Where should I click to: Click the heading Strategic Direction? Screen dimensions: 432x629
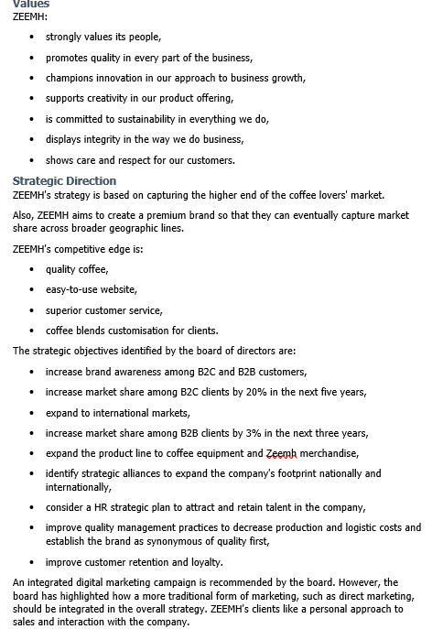[x=64, y=180]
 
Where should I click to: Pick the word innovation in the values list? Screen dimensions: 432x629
[x=117, y=78]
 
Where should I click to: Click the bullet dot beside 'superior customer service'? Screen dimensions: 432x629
[x=33, y=310]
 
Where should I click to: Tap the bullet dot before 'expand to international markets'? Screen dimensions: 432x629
[x=33, y=413]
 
